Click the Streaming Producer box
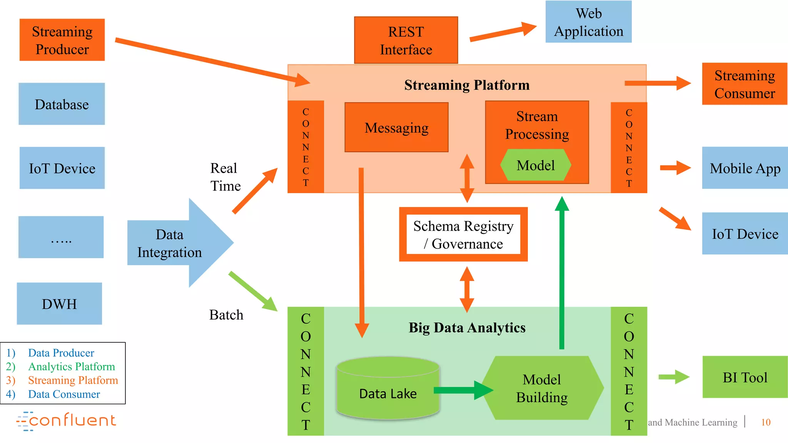point(62,40)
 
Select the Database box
point(62,104)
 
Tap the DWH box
point(59,304)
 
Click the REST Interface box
point(406,40)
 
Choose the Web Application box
point(588,22)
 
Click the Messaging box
point(396,127)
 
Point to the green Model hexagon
point(535,165)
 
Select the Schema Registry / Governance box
point(463,235)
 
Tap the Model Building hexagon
point(542,388)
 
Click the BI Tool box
point(745,377)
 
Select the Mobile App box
point(745,168)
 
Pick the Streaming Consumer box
point(745,84)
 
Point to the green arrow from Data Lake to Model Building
point(462,390)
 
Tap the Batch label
point(226,315)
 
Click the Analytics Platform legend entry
point(72,366)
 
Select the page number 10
point(766,422)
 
